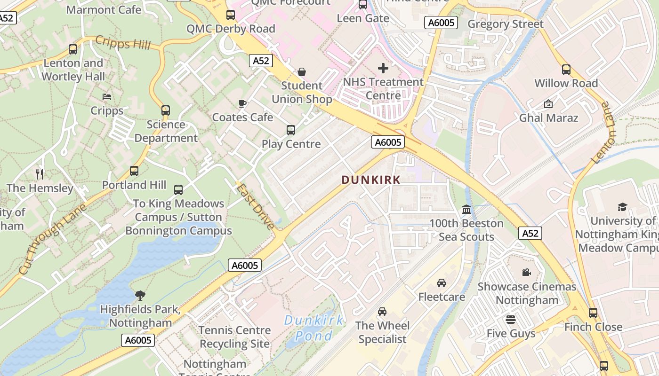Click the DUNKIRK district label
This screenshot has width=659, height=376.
click(x=371, y=180)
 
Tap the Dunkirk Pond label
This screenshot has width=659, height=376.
click(x=313, y=328)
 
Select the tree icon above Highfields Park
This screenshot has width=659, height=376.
click(x=140, y=295)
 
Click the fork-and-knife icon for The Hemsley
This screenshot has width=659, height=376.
click(x=40, y=174)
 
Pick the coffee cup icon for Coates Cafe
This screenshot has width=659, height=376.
click(x=242, y=103)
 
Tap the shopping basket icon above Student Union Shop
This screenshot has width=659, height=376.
click(x=302, y=72)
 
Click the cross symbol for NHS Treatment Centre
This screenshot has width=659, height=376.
click(x=383, y=68)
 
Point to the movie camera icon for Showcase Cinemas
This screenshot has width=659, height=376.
click(x=527, y=273)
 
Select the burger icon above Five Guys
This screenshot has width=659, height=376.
click(x=511, y=320)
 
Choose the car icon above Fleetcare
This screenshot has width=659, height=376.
click(x=442, y=283)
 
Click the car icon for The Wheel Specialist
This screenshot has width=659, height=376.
click(x=382, y=312)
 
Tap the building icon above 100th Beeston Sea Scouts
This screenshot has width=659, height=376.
click(x=466, y=210)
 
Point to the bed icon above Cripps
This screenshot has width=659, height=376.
click(x=107, y=97)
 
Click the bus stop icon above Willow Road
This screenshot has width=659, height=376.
click(x=566, y=70)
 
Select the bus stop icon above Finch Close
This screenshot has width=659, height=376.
click(x=593, y=313)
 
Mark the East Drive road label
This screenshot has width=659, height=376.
click(x=255, y=206)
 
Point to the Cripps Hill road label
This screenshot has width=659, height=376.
click(x=123, y=43)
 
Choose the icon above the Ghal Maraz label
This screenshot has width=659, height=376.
click(x=548, y=104)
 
